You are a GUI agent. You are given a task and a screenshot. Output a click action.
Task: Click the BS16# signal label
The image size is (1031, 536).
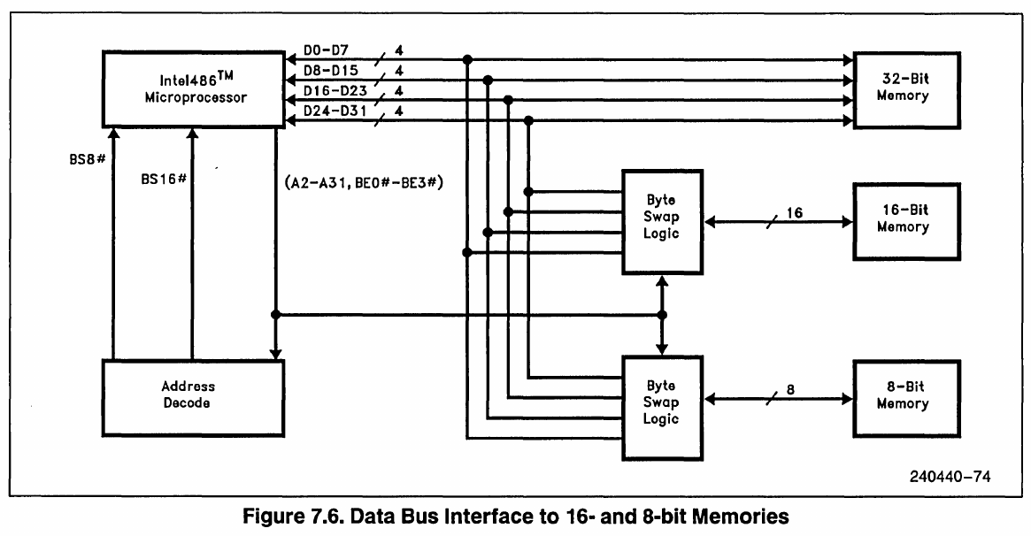coord(164,179)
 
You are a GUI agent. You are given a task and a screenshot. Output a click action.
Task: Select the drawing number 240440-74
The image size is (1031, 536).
coord(950,476)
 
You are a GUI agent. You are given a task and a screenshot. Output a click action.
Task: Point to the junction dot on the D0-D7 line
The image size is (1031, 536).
coord(467,60)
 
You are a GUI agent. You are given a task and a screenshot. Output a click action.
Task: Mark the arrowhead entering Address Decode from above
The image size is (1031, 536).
coord(276,353)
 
